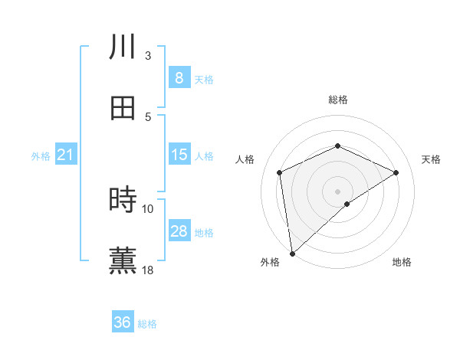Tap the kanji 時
[x=123, y=200]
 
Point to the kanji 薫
[x=123, y=260]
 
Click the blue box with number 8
[x=179, y=78]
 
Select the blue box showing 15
[x=179, y=155]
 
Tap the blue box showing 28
[x=179, y=231]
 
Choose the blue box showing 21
[x=66, y=155]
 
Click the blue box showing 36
[x=123, y=322]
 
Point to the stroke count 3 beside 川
[x=148, y=55]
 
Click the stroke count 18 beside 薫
[x=148, y=270]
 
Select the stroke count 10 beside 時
[x=148, y=208]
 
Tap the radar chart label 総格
[x=337, y=100]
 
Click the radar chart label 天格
[x=431, y=159]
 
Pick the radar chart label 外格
[x=270, y=262]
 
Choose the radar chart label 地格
[x=402, y=262]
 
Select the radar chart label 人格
[x=245, y=159]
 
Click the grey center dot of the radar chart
[x=337, y=191]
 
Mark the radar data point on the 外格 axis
[x=292, y=253]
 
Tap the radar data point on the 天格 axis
[x=396, y=172]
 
